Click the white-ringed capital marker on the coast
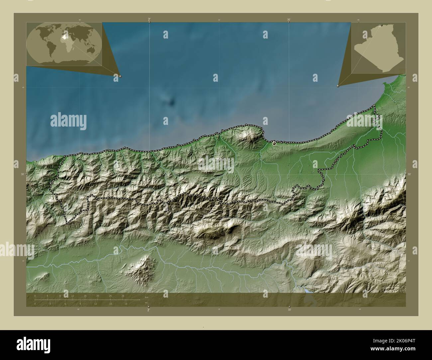coord(274,143)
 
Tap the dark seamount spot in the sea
coord(172,102)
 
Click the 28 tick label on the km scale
coord(123,296)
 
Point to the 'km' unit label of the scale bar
coord(147,297)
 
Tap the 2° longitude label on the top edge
coord(149,20)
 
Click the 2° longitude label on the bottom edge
coord(149,310)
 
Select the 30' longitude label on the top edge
coord(289,20)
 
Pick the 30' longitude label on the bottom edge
coord(289,310)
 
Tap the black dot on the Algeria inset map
coord(382,26)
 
